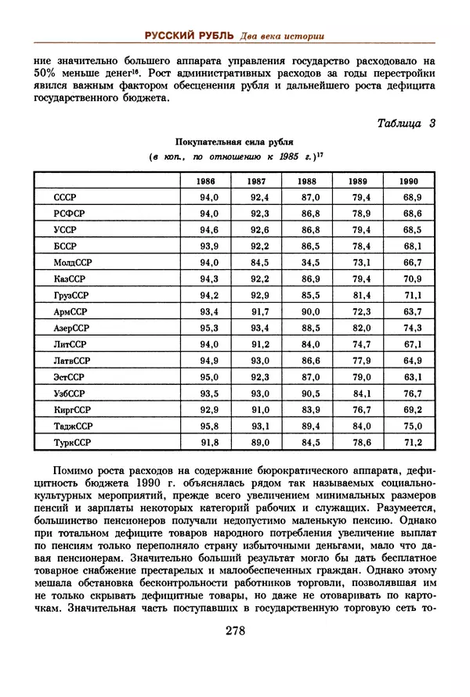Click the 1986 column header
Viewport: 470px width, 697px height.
coord(208,181)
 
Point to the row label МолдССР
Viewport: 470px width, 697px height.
coord(73,263)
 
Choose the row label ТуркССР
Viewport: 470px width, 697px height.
coord(73,443)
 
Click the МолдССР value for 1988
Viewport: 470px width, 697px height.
coord(311,263)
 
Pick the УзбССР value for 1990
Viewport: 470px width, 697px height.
coord(413,393)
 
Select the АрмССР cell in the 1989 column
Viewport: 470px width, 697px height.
coord(361,312)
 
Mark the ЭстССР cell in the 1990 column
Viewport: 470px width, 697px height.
coord(413,377)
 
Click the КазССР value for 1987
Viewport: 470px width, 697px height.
coord(259,279)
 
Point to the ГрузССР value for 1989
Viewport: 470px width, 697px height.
coord(361,296)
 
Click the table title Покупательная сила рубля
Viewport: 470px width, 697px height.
coord(234,142)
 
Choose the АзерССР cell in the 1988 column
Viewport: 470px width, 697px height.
coord(311,329)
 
